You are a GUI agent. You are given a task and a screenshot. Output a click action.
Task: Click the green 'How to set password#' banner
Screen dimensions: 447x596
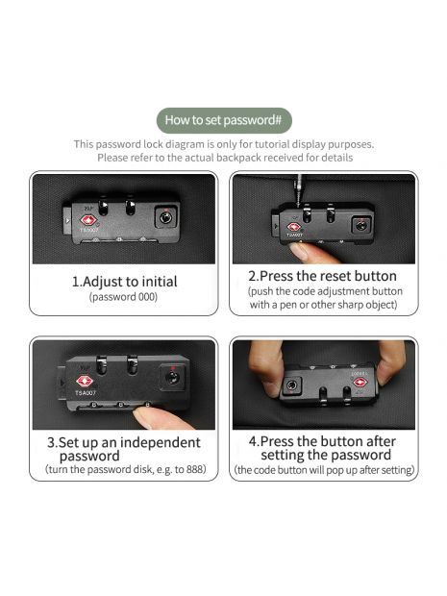[x=224, y=120]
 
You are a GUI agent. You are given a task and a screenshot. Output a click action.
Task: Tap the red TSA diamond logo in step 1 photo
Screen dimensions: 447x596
[x=88, y=220]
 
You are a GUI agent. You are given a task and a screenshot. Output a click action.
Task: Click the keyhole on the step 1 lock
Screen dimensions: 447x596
[x=165, y=218]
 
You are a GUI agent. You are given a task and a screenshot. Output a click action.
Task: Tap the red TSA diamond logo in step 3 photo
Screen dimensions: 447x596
[x=85, y=382]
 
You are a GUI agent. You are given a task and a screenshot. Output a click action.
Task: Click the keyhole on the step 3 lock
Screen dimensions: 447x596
[x=172, y=378]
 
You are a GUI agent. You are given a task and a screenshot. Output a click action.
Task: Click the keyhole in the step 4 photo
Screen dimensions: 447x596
[x=291, y=385]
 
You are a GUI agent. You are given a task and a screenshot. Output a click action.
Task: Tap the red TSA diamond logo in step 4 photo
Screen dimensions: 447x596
[x=360, y=382]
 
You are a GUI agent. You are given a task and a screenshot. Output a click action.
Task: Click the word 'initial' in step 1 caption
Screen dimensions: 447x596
[x=160, y=282]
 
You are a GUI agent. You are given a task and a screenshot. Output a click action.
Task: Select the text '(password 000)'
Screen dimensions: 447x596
[x=123, y=297]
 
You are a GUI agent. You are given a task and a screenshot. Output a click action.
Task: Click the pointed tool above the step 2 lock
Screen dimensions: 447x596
[x=300, y=191]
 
